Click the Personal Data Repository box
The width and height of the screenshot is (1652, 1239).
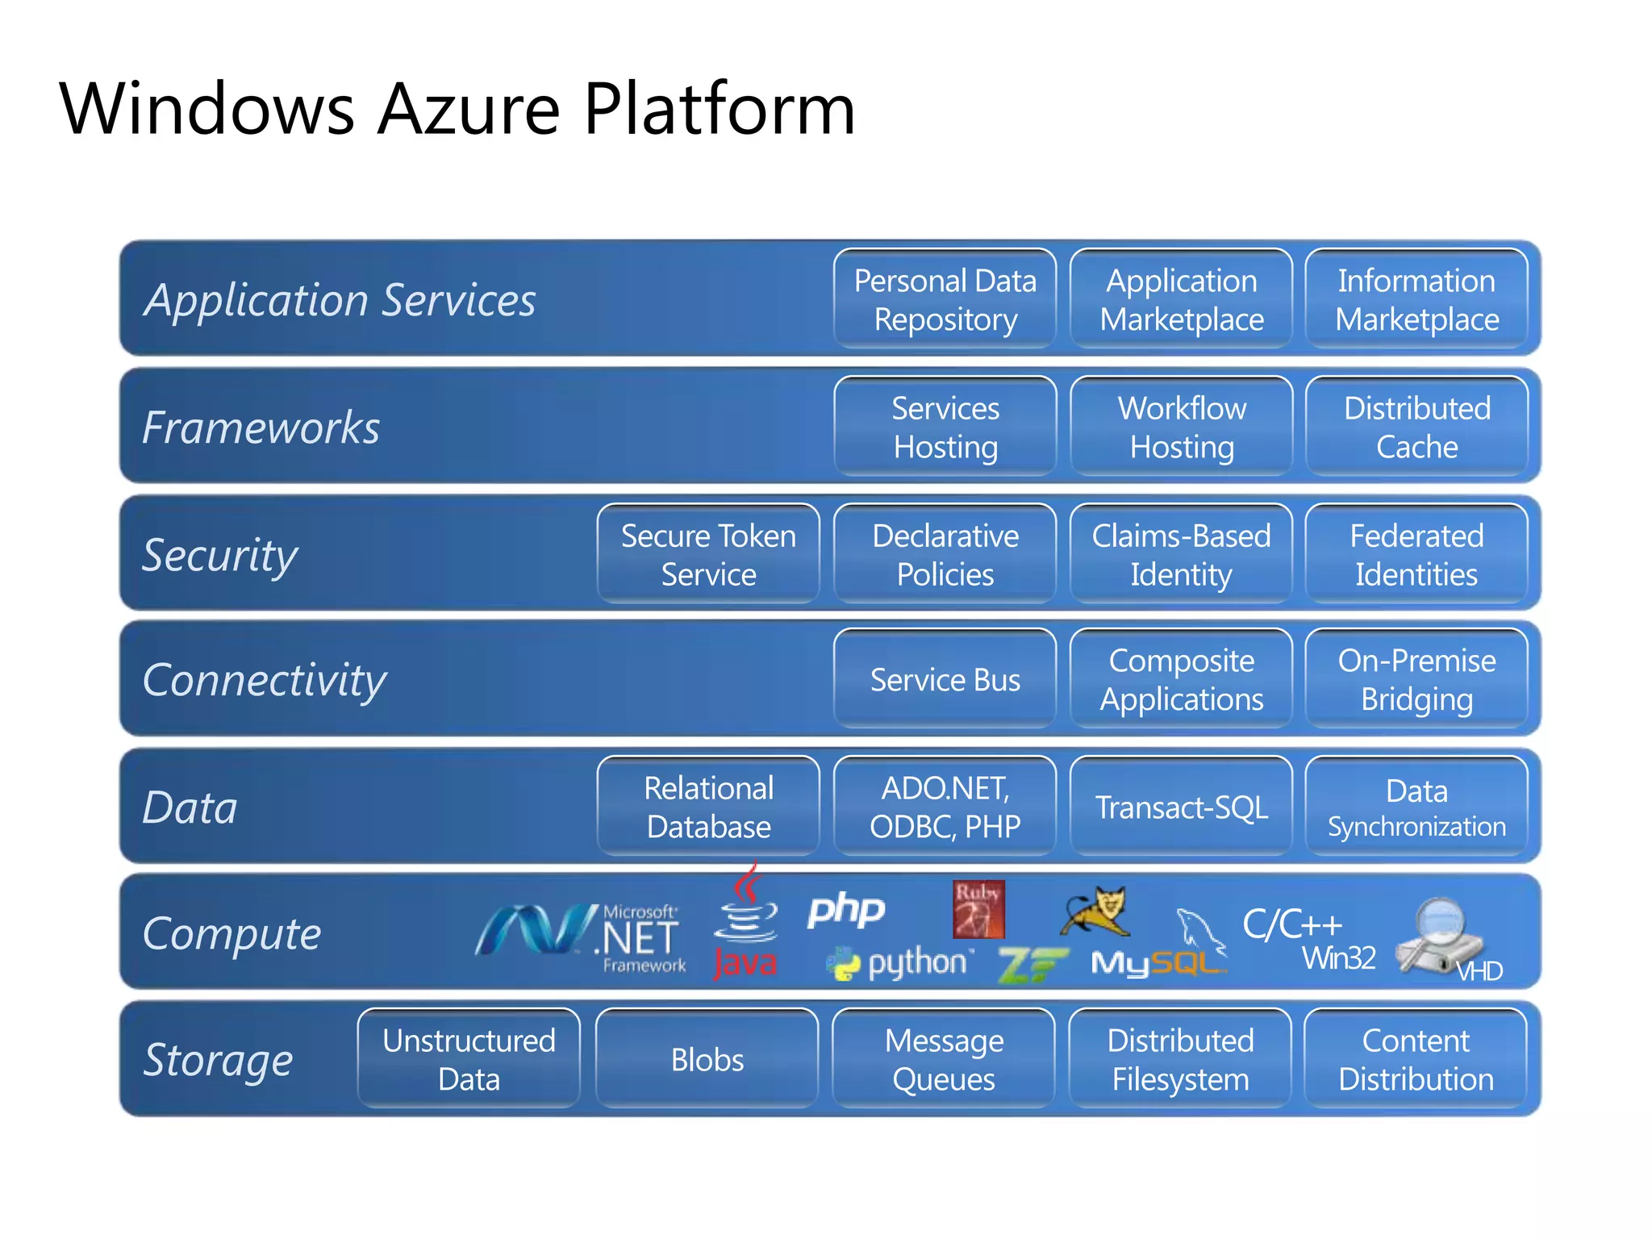pyautogui.click(x=945, y=299)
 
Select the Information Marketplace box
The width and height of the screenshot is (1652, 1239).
pyautogui.click(x=1416, y=299)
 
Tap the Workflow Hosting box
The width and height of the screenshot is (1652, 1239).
pyautogui.click(x=1181, y=427)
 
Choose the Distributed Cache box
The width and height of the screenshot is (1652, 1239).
pyautogui.click(x=1416, y=427)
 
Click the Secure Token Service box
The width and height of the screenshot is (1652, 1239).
pyautogui.click(x=708, y=554)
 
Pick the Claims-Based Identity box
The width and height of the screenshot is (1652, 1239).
pyautogui.click(x=1181, y=554)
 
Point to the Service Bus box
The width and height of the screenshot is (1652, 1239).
pyautogui.click(x=945, y=679)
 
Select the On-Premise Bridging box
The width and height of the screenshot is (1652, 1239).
pyautogui.click(x=1416, y=679)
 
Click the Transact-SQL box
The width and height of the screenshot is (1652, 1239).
pyautogui.click(x=1181, y=807)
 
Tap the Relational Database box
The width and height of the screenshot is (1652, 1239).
pyautogui.click(x=708, y=807)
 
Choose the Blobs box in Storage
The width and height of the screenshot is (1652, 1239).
pyautogui.click(x=707, y=1059)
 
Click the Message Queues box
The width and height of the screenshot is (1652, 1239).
pyautogui.click(x=944, y=1059)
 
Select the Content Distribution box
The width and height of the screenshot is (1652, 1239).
pyautogui.click(x=1416, y=1059)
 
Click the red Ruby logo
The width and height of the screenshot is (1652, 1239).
pyautogui.click(x=978, y=910)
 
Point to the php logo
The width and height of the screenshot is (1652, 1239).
pyautogui.click(x=846, y=909)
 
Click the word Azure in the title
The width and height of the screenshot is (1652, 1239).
pyautogui.click(x=469, y=109)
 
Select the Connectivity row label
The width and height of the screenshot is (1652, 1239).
pyautogui.click(x=265, y=679)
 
